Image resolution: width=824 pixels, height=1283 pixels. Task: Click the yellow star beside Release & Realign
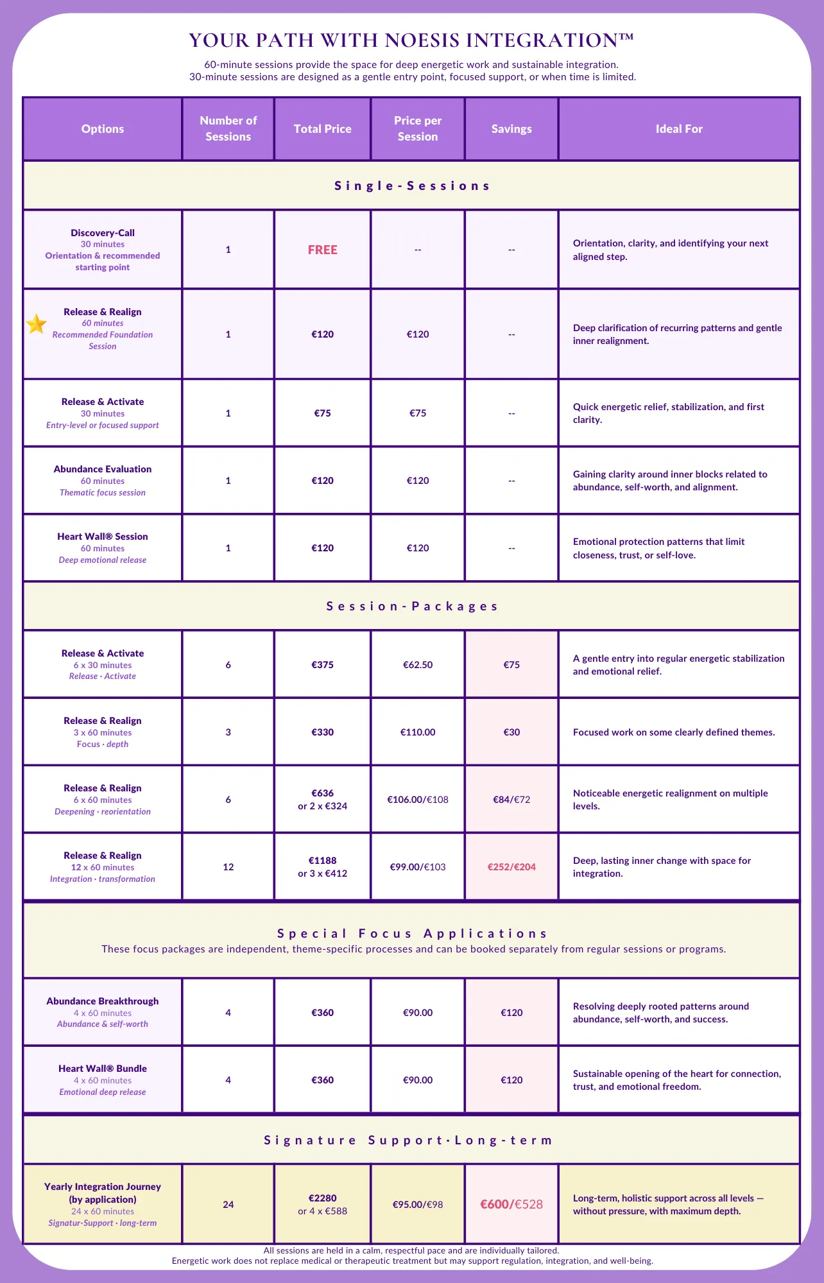pyautogui.click(x=37, y=324)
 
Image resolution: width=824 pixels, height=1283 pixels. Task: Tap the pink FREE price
pyautogui.click(x=322, y=250)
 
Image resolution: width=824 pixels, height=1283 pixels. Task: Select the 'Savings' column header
pyautogui.click(x=511, y=129)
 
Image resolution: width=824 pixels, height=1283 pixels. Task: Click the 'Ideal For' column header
pyautogui.click(x=679, y=129)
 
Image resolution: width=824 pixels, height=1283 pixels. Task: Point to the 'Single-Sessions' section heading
pyautogui.click(x=412, y=186)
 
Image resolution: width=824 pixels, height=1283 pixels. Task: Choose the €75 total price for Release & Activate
pyautogui.click(x=322, y=413)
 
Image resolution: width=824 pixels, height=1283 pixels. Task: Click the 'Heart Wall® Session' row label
pyautogui.click(x=103, y=537)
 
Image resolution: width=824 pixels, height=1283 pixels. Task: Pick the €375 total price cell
pyautogui.click(x=322, y=665)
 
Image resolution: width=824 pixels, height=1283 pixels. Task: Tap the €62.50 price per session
pyautogui.click(x=418, y=665)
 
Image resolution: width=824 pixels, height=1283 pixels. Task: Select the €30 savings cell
pyautogui.click(x=511, y=732)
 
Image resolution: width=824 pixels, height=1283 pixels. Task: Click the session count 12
pyautogui.click(x=228, y=867)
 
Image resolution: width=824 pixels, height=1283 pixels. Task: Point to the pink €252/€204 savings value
pyautogui.click(x=511, y=867)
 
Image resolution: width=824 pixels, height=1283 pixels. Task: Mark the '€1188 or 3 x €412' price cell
pyautogui.click(x=322, y=867)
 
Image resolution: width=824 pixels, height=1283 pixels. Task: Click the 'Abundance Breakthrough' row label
pyautogui.click(x=103, y=1001)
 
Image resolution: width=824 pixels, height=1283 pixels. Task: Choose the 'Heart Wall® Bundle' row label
pyautogui.click(x=103, y=1069)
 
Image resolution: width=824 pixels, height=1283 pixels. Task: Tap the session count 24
pyautogui.click(x=228, y=1205)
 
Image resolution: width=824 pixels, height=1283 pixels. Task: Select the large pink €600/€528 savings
pyautogui.click(x=511, y=1205)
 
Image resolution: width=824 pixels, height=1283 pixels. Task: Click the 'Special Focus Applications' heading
pyautogui.click(x=412, y=934)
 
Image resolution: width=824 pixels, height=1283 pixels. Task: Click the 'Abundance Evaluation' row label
pyautogui.click(x=103, y=469)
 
